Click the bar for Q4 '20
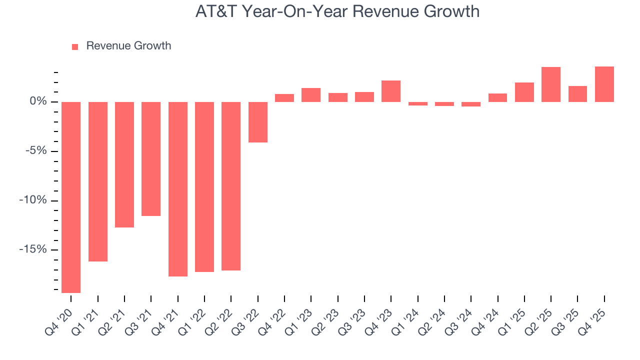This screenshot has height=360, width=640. (x=71, y=197)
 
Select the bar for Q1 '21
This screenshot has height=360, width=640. (x=98, y=181)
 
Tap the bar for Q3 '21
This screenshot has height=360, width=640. (x=151, y=159)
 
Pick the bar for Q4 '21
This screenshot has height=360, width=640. (x=178, y=189)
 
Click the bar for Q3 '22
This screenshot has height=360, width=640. (x=258, y=122)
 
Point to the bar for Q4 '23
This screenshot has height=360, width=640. (x=391, y=91)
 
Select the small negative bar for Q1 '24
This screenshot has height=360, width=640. (x=418, y=104)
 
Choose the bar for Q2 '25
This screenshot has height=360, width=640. (x=551, y=84)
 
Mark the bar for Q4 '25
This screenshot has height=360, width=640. (x=604, y=84)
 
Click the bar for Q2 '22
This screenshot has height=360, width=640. (x=231, y=186)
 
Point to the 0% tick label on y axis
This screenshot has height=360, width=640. (x=38, y=102)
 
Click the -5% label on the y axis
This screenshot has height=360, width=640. (x=36, y=151)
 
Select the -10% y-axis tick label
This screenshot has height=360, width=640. (x=33, y=200)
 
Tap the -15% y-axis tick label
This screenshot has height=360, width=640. (x=33, y=250)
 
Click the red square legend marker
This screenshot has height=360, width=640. (x=75, y=47)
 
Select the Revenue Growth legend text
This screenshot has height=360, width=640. (x=128, y=46)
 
